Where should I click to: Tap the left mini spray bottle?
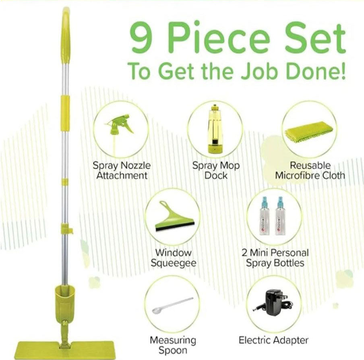click(x=265, y=216)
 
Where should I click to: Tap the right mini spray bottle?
click(x=280, y=216)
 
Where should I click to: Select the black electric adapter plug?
click(x=274, y=302)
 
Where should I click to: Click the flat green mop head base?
click(x=65, y=350)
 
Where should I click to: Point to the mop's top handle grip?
click(x=65, y=35)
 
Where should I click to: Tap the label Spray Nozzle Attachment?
click(x=122, y=170)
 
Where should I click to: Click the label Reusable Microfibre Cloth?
click(x=310, y=170)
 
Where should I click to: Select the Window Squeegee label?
click(x=173, y=258)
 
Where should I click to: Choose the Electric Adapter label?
click(x=273, y=340)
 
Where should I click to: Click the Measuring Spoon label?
click(x=173, y=345)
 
